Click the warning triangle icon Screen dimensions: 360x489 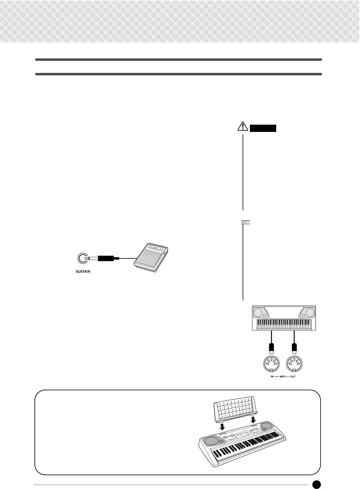pos(243,126)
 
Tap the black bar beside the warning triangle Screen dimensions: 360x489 pos(263,128)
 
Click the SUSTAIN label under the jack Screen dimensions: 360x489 pos(83,271)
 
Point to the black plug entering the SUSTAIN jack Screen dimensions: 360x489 pos(106,258)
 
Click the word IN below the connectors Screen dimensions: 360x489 pos(272,377)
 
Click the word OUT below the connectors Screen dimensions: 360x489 pos(293,377)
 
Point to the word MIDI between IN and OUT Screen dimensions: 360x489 pos(283,377)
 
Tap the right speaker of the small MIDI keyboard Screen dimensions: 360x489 pos(309,312)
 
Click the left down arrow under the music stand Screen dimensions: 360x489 pos(222,426)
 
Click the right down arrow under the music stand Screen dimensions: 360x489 pos(253,419)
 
